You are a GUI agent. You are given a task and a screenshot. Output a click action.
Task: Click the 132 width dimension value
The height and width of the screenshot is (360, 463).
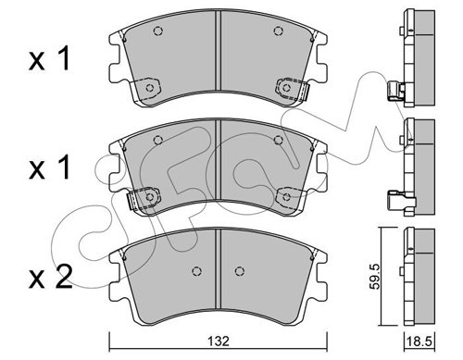[x=219, y=341]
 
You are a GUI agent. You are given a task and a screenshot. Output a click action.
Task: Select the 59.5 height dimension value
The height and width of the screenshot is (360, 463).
[x=375, y=277]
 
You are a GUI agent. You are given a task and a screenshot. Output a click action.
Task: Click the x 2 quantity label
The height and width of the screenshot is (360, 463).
[x=51, y=277]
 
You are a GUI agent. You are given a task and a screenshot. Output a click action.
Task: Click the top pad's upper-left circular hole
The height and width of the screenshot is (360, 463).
[x=157, y=31]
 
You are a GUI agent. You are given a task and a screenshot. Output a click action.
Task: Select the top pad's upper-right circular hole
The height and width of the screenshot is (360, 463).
[x=278, y=31]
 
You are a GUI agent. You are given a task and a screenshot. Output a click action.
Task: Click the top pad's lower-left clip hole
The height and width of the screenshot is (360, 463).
[x=150, y=88]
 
